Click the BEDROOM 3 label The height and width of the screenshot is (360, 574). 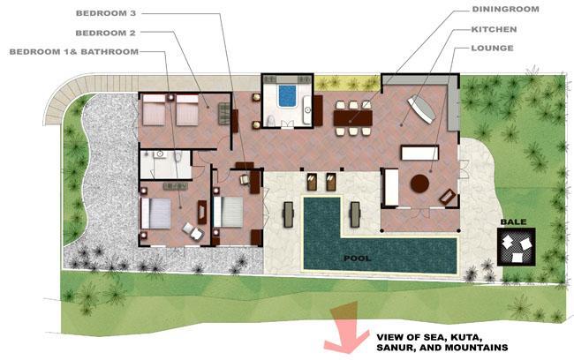(x=106, y=13)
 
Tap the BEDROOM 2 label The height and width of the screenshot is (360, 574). (x=105, y=33)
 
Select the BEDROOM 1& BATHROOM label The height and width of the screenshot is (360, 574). (x=74, y=52)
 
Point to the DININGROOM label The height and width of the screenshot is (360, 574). (x=505, y=9)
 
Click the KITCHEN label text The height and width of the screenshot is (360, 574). (x=494, y=29)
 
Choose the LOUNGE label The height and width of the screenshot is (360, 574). (x=492, y=48)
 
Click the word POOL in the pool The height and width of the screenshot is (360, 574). (x=358, y=259)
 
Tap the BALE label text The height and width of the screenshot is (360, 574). (x=513, y=221)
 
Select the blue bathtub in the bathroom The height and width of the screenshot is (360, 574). (x=287, y=96)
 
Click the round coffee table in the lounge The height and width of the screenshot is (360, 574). (x=419, y=184)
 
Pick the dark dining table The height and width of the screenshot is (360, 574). (x=353, y=118)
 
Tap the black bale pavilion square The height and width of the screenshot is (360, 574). (x=517, y=246)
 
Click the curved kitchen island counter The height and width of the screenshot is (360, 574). (x=422, y=109)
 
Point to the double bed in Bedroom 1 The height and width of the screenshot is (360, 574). (x=156, y=214)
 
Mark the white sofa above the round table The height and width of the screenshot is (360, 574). (x=419, y=153)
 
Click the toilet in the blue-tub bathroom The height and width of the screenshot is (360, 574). (x=270, y=121)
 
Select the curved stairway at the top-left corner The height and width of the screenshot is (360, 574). (x=62, y=97)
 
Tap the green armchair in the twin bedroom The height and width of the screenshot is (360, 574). (x=224, y=114)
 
